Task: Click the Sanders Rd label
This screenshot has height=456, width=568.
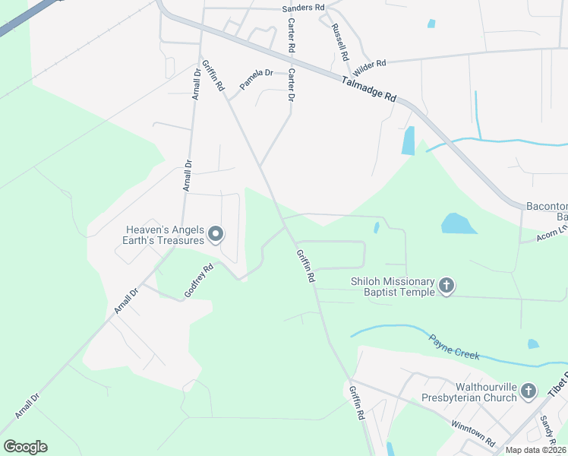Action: [303, 7]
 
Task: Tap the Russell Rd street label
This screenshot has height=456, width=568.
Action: [339, 43]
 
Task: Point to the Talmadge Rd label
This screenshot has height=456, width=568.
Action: [369, 88]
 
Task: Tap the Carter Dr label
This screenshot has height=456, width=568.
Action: [291, 87]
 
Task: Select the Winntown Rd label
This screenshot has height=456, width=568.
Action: [472, 433]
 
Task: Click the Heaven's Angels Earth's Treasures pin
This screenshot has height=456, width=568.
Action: [215, 234]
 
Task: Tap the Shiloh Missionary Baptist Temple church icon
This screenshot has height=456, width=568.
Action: [447, 286]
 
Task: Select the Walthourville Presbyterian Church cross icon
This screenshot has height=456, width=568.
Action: [529, 392]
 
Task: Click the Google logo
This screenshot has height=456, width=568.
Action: [25, 446]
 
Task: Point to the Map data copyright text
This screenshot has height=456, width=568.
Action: [536, 450]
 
